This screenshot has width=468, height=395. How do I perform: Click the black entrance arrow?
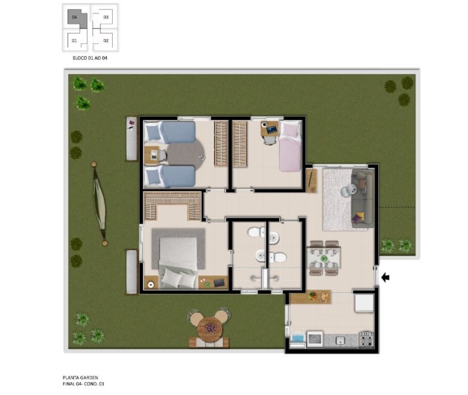click(x=386, y=278)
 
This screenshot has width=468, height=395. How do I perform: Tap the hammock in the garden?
click(x=99, y=204)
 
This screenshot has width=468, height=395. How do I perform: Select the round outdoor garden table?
click(x=210, y=329)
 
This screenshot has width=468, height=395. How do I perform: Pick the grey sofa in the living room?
click(x=363, y=198)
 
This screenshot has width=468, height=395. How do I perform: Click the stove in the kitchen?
click(x=366, y=340)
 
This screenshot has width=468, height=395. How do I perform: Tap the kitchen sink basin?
click(x=341, y=340)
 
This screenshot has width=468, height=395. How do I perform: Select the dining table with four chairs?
click(x=324, y=258)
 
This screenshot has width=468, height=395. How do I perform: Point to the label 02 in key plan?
click(x=106, y=41)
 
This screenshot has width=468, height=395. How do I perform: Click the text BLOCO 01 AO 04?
click(x=90, y=58)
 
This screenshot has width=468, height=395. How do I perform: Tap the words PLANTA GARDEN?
click(x=80, y=377)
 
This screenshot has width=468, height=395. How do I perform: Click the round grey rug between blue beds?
click(x=186, y=155)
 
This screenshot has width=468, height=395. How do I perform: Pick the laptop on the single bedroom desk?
click(x=272, y=130)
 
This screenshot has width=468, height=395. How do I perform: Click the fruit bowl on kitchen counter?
click(x=313, y=296)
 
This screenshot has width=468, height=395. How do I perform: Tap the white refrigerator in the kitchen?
click(x=364, y=303)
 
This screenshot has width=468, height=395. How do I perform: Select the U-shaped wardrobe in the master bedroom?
click(x=172, y=205)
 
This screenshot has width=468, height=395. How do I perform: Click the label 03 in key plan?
click(x=106, y=17)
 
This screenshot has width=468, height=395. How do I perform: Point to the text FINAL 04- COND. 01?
click(x=83, y=384)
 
